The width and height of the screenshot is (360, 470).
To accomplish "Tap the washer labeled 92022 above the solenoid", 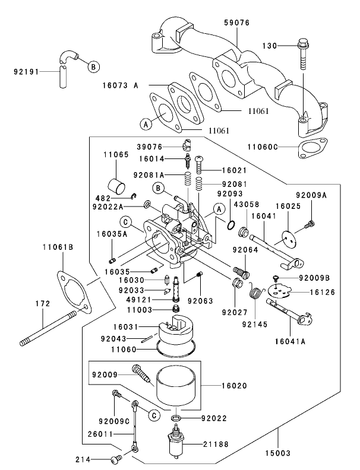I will pos(176,419).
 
